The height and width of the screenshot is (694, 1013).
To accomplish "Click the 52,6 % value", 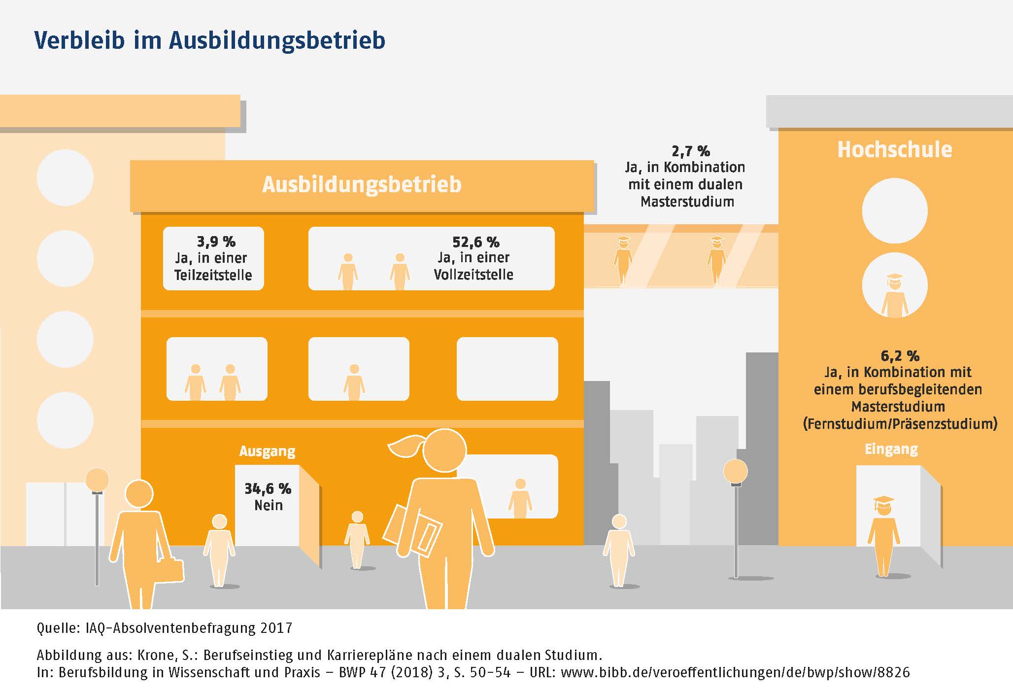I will coord(475,242).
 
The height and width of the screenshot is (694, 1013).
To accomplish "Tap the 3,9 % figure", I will coord(216,242).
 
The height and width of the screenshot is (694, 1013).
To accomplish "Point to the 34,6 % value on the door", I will coord(268,488).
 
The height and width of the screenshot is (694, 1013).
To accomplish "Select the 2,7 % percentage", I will coord(690,151).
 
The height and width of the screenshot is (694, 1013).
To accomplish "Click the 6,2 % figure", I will coord(900,355).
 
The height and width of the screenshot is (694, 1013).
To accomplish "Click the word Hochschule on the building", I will coord(894,149).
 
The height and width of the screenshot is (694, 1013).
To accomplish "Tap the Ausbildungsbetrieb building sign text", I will coord(362,184).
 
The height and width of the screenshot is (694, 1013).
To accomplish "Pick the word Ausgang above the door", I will coord(267,451).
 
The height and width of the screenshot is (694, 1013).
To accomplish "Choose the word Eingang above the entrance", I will coord(891,449).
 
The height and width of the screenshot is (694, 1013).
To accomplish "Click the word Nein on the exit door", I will coord(269,505).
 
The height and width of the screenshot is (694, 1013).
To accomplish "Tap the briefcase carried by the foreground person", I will coord(172,570).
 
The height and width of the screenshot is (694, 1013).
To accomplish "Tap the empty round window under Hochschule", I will coord(894,211).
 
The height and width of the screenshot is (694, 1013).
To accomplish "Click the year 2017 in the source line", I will coord(276,628).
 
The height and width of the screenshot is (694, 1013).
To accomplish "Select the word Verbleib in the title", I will coord(79,40).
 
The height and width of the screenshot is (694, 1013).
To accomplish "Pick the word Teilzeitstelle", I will coord(213,275).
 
